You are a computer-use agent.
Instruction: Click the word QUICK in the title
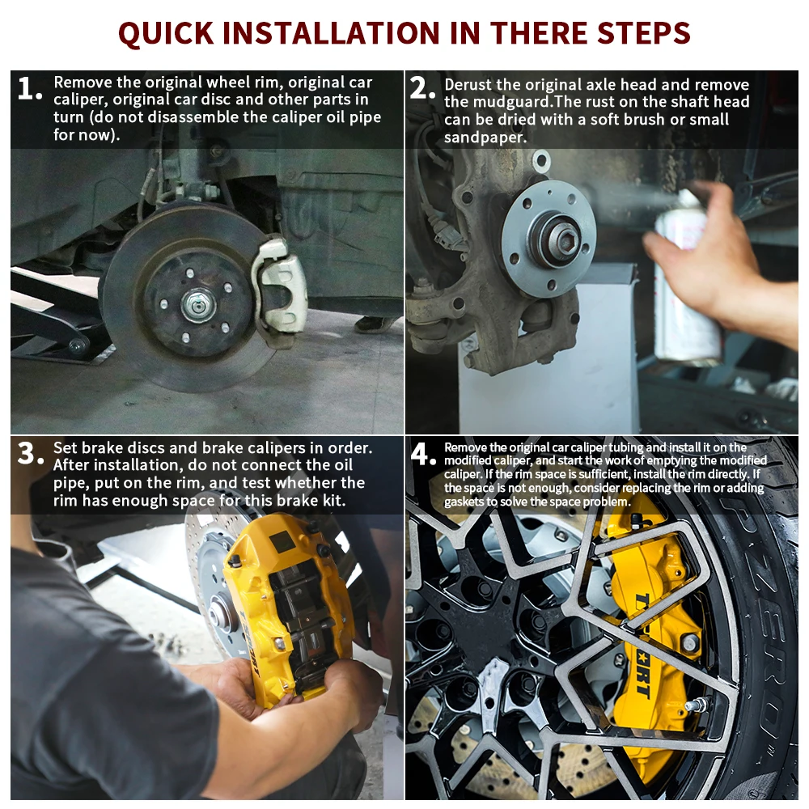click(x=166, y=33)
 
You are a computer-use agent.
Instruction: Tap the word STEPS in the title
click(x=643, y=33)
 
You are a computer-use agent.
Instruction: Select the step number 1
click(x=29, y=88)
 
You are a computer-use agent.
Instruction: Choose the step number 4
click(x=423, y=455)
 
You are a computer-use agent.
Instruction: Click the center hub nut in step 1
click(x=198, y=306)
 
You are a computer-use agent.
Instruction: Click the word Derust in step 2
click(x=468, y=85)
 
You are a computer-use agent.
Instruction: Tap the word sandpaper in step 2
click(x=485, y=138)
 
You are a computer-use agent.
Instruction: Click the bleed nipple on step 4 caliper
click(x=699, y=705)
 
